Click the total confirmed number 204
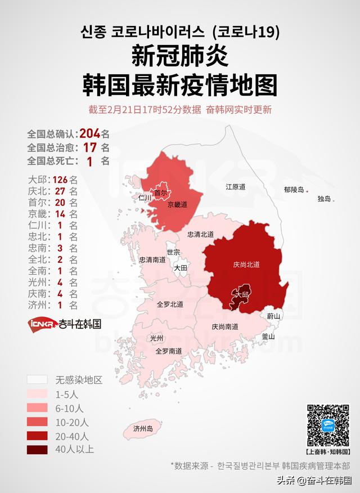coord(90,134)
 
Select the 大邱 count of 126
coord(60,180)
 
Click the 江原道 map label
coord(236,186)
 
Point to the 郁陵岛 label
coord(293,190)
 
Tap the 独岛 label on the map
coord(324,199)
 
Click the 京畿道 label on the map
coord(177,205)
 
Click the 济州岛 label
coord(143,429)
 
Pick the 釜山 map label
coord(268,337)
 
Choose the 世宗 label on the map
coord(173,252)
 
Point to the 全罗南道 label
coord(169,351)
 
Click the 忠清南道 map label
coord(152,260)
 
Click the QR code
coord(327,425)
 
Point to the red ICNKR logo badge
coord(40,324)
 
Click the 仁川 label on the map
coord(145,198)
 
